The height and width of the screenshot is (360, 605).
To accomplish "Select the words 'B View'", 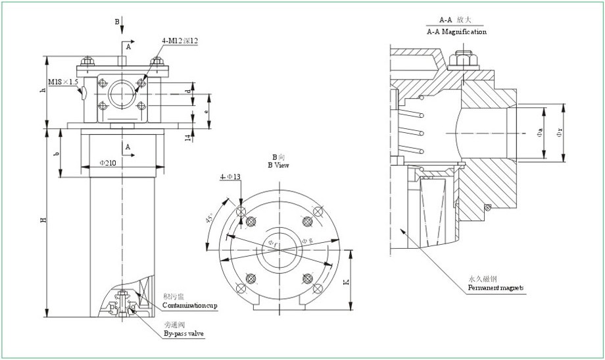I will point(279,165).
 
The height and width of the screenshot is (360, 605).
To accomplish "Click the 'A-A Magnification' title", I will point(456,32).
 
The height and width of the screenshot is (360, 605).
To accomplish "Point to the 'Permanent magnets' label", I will point(495,288).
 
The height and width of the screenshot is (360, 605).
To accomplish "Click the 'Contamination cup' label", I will point(190,306).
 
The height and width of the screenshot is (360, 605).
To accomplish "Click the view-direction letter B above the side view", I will point(117,22).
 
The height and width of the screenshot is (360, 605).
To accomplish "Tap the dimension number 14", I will point(188,136).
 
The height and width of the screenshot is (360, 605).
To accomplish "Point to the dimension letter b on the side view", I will point(57,153).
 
